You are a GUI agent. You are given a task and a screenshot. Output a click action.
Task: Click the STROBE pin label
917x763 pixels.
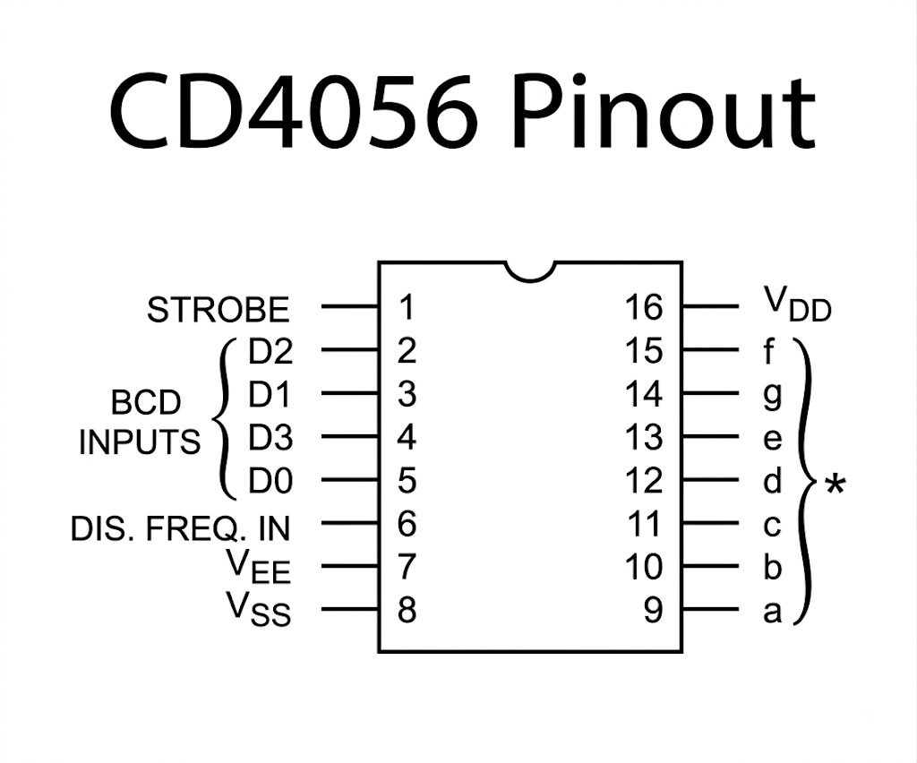point(219,310)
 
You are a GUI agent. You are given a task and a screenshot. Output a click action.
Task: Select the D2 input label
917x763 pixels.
point(270,351)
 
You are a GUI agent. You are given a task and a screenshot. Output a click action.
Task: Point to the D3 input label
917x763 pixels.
point(270,437)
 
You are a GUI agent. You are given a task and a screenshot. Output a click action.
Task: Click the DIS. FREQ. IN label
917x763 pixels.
point(180,528)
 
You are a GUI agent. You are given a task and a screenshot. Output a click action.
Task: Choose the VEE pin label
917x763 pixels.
point(259,566)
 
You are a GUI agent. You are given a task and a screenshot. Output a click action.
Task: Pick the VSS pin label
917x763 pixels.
point(259,609)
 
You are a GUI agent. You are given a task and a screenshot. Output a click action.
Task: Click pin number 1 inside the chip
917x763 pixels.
point(407,307)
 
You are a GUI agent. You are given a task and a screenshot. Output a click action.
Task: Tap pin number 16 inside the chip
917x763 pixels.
point(644,307)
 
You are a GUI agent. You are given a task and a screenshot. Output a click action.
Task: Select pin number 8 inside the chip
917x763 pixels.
point(407,609)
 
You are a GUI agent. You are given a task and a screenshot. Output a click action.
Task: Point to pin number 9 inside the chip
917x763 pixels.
point(653,609)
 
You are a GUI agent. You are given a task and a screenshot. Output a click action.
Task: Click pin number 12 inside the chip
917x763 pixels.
point(644,480)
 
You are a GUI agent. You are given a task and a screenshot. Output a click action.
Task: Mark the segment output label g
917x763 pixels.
point(773,396)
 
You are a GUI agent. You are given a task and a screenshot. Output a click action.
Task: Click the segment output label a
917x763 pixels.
point(773,612)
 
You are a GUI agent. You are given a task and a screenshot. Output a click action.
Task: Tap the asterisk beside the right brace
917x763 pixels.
point(836,485)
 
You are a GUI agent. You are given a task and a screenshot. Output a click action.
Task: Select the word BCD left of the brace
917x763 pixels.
point(146,403)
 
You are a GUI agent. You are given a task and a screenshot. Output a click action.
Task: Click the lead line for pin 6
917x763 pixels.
point(350,523)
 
